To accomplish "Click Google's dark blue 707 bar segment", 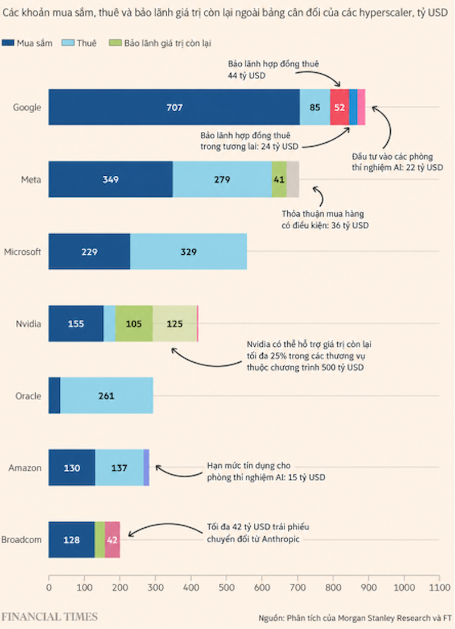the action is [x=174, y=107].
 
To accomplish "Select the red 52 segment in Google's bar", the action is [x=340, y=107].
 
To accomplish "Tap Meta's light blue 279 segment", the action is [x=222, y=179].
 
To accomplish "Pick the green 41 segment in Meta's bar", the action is [x=279, y=179].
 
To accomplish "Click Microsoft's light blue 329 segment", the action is [x=188, y=251].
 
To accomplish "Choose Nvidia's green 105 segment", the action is [x=134, y=324].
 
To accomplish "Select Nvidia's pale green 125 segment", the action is [x=175, y=324].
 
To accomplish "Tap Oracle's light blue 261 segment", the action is [x=106, y=395].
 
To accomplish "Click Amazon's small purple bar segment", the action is [x=146, y=467].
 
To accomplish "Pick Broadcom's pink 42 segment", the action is [x=113, y=540].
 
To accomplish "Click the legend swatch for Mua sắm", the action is [x=8, y=43].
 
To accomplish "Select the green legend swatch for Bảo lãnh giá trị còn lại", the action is [x=115, y=43].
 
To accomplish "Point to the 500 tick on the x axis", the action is [x=226, y=578].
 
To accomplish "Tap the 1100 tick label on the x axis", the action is [x=440, y=587].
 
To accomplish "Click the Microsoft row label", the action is [x=23, y=252].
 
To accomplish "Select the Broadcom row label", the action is [x=21, y=540].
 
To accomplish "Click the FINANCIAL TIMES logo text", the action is [x=49, y=616].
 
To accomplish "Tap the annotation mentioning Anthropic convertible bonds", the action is [x=258, y=533].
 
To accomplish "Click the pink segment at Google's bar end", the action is [x=361, y=107].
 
